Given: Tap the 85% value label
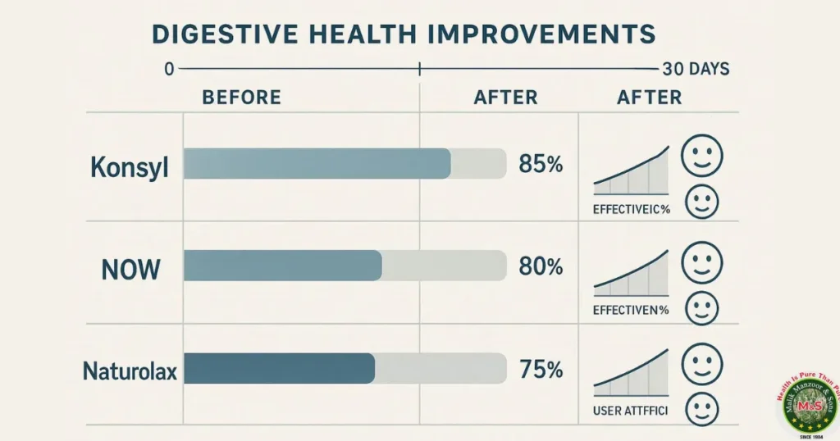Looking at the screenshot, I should (x=541, y=164).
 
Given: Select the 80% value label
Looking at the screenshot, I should (x=541, y=266).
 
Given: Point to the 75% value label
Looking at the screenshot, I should (x=541, y=369).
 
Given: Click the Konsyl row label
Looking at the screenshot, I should (x=129, y=168).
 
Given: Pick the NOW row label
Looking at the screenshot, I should (x=130, y=269).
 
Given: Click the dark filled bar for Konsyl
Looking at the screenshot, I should (x=317, y=163).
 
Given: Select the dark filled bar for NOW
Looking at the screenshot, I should (x=283, y=266).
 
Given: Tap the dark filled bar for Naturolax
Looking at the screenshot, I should (x=279, y=368).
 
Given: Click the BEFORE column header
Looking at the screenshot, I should (x=241, y=98).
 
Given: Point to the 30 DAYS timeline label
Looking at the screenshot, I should (x=694, y=70).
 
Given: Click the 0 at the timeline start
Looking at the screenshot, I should (x=169, y=70).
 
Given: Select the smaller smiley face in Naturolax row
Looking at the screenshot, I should (x=701, y=407).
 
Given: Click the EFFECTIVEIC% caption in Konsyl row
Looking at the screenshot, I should (x=631, y=209).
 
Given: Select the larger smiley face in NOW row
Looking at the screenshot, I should (x=702, y=262).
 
